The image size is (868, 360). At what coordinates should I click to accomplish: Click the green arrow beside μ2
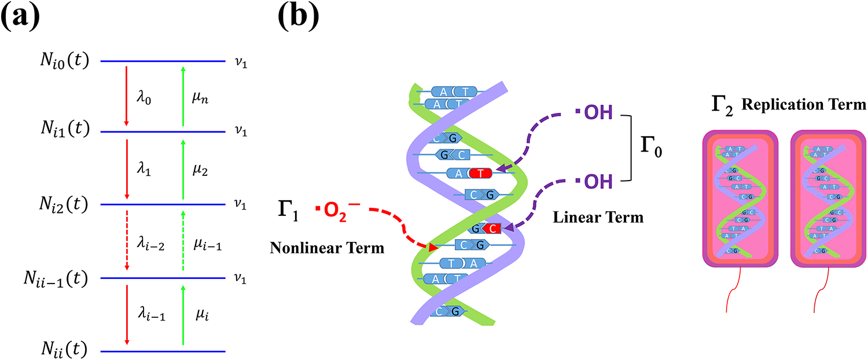point(183,168)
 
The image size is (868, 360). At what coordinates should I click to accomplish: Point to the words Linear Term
point(597,218)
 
